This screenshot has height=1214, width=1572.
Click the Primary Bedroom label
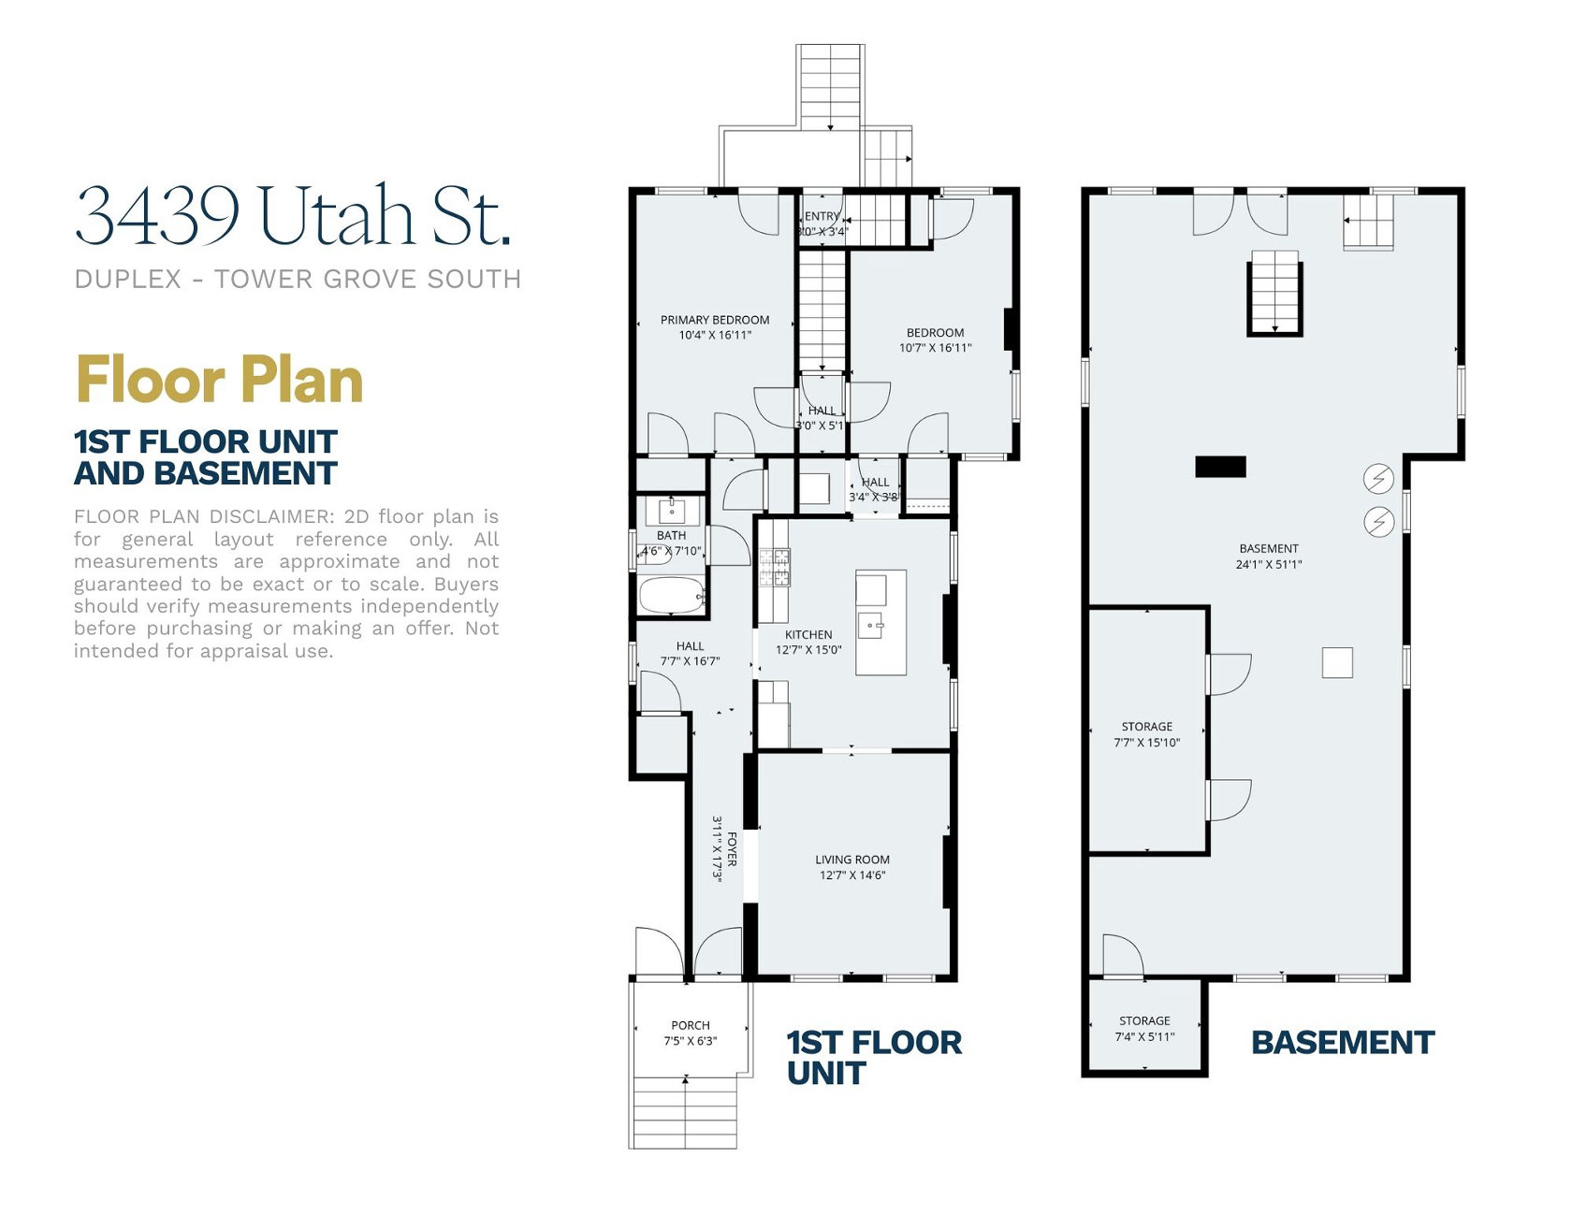pos(715,320)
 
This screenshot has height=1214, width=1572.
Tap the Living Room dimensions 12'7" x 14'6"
pos(851,875)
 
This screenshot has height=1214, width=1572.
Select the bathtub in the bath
pos(671,596)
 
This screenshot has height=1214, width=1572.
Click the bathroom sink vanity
pos(672,511)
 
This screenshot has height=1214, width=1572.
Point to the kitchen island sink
pos(870,624)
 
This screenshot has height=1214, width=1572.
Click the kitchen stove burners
pos(774,567)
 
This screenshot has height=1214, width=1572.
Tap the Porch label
pos(690,1025)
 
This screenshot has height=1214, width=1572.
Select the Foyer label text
pos(732,849)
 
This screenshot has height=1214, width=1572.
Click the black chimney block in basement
pos(1220,466)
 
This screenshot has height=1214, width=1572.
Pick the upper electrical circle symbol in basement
pos(1378,479)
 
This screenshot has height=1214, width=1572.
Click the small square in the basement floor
pos(1337,662)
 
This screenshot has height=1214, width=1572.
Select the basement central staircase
pos(1274,291)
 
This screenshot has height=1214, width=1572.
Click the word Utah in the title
pos(336,217)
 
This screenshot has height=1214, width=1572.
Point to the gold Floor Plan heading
pos(219,380)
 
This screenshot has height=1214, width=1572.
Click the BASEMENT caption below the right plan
pos(1342,1042)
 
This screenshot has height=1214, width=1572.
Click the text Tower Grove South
pos(367,279)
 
